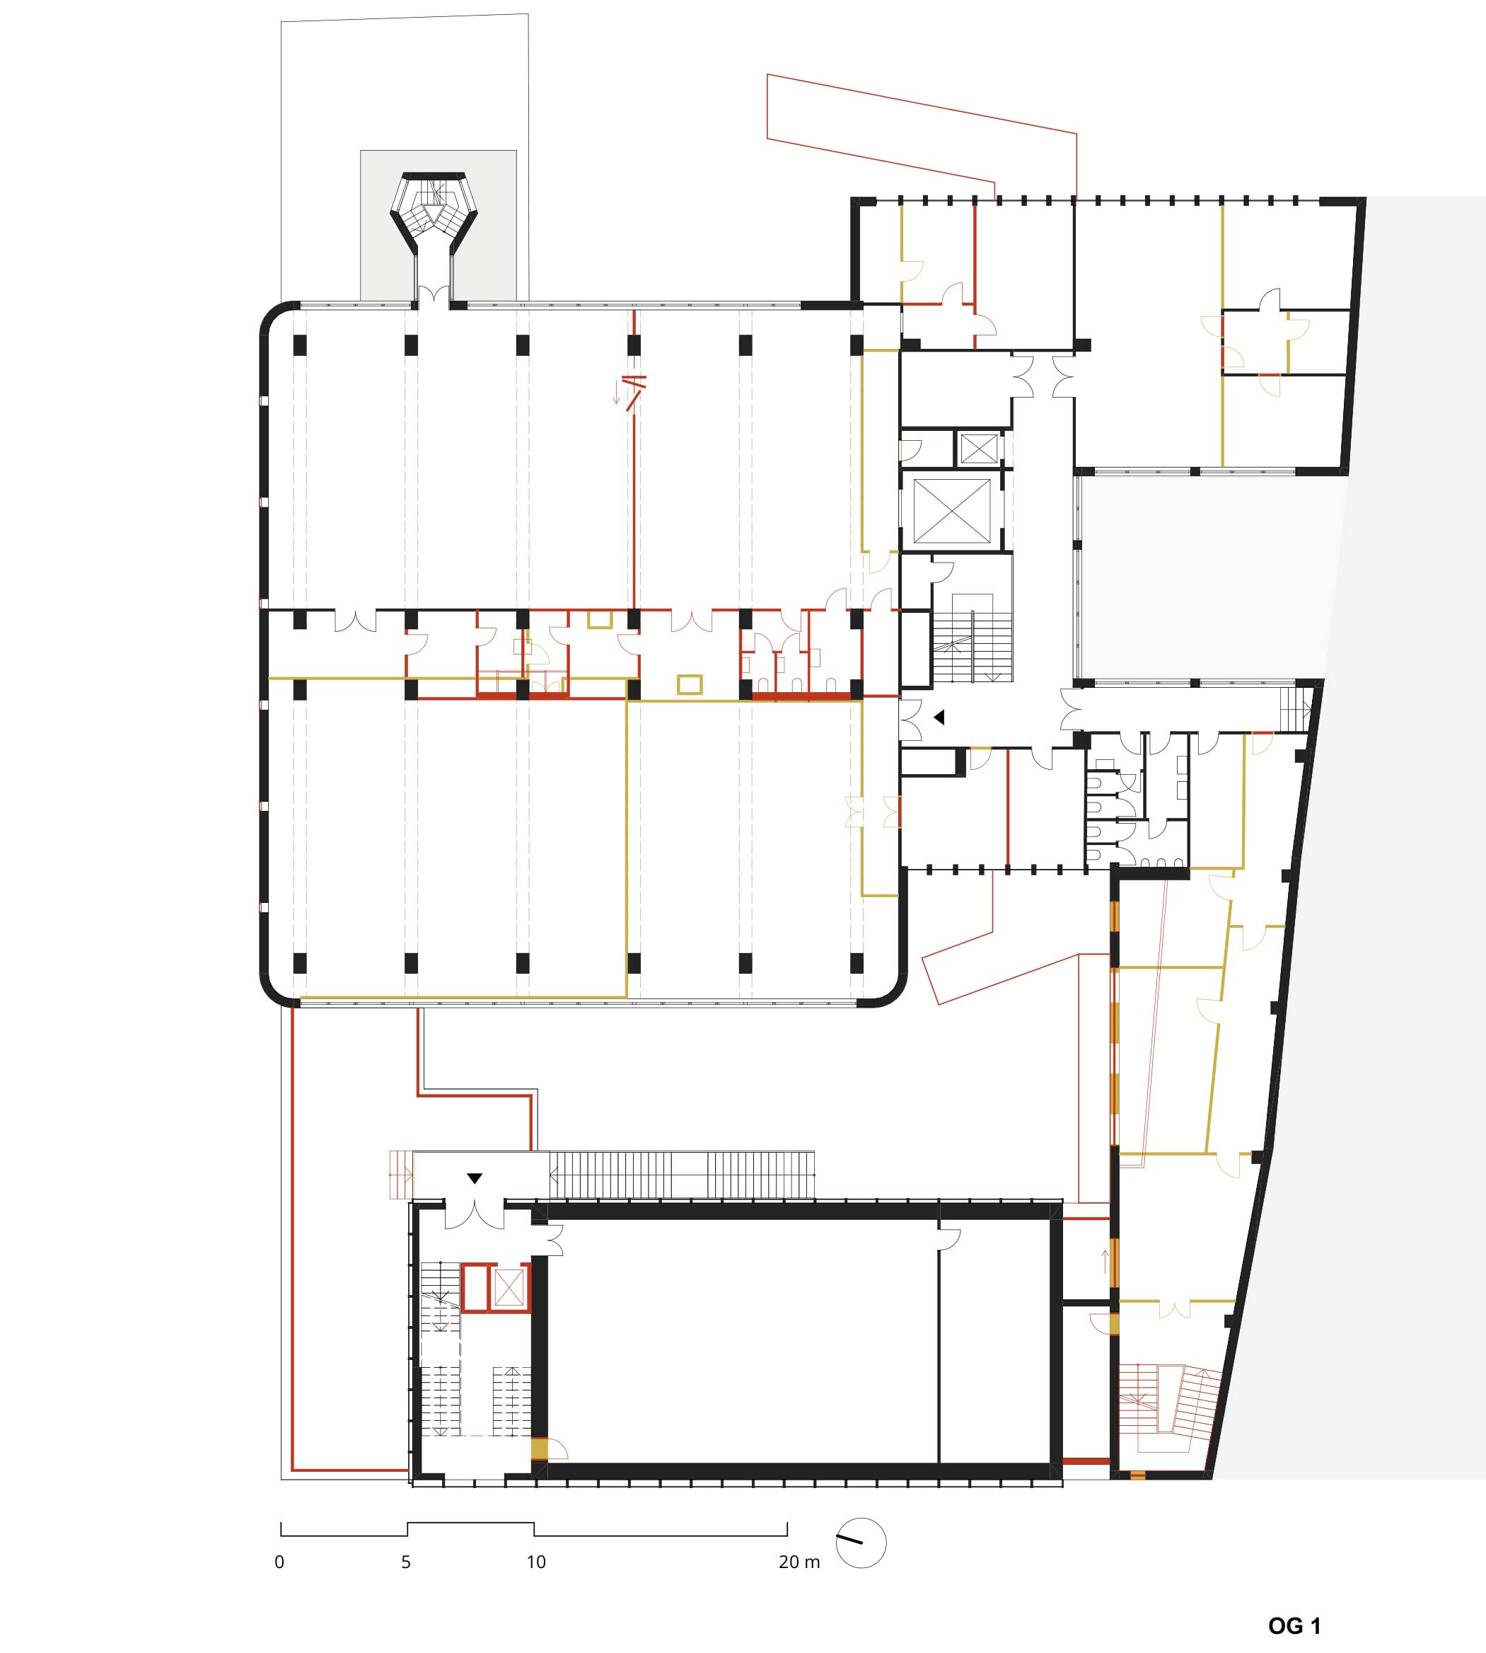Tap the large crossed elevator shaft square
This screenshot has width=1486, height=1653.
click(x=951, y=511)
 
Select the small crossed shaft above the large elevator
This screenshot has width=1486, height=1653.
click(x=979, y=449)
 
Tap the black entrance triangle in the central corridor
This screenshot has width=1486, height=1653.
click(x=939, y=717)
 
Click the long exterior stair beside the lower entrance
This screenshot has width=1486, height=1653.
click(x=682, y=1175)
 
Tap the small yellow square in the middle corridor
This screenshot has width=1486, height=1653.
click(x=690, y=684)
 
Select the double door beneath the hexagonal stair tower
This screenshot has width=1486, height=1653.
click(x=433, y=297)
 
